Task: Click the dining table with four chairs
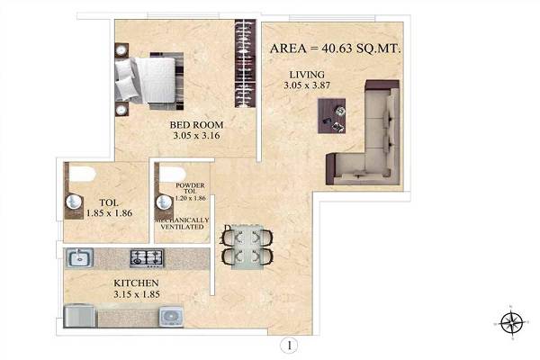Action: coord(246,247)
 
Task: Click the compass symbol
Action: coord(510,319)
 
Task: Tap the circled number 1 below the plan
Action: coord(288,343)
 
